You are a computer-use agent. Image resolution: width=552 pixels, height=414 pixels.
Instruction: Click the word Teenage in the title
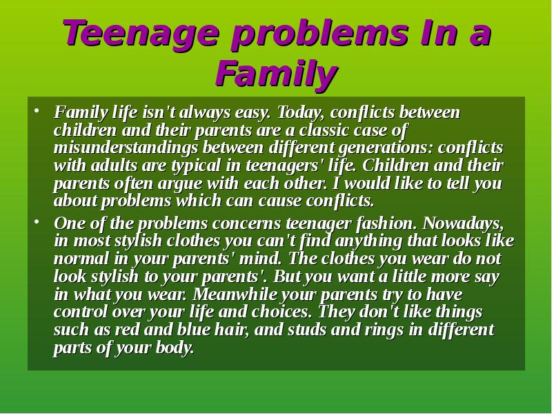coord(142,34)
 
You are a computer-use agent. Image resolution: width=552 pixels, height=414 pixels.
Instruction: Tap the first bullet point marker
coord(36,111)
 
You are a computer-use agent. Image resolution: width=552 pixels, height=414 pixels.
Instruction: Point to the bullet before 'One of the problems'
coord(36,222)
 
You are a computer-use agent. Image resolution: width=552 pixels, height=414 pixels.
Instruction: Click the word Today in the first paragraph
coord(302,112)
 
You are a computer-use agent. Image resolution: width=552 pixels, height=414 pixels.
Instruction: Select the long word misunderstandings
coord(126,148)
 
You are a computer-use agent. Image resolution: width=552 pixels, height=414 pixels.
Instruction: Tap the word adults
coord(114,166)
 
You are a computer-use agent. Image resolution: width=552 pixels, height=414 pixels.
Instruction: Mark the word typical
coord(196,166)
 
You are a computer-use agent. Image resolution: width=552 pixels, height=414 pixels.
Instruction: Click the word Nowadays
coord(463,224)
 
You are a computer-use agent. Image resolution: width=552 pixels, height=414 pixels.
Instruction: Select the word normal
coord(81,259)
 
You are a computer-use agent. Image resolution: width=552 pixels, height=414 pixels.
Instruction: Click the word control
coord(81,312)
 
